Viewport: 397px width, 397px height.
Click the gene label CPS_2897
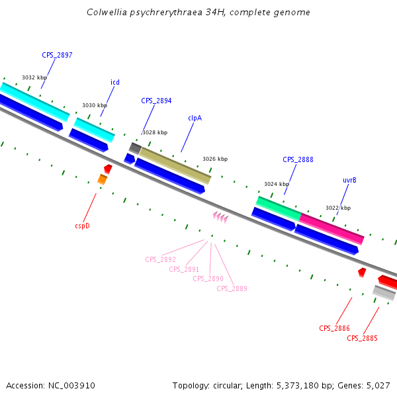point(57,55)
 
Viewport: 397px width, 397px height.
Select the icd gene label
point(115,82)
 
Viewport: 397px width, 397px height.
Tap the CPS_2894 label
point(156,101)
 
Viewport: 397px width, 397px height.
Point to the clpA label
point(195,118)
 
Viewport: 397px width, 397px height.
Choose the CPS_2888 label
point(298,159)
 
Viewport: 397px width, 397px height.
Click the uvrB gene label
point(349,180)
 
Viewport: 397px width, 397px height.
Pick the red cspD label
point(82,226)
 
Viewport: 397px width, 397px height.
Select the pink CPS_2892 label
point(160,259)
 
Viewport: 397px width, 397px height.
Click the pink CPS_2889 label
point(232,288)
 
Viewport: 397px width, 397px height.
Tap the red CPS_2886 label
point(334,328)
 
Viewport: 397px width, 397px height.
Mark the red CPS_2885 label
point(362,338)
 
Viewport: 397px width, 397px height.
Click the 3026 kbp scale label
point(215,159)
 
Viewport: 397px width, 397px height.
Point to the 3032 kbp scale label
point(34,77)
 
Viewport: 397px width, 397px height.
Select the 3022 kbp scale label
point(338,208)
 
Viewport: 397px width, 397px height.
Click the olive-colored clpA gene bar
point(175,165)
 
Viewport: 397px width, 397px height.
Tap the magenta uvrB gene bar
point(331,228)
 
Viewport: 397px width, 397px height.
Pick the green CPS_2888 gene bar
point(278,208)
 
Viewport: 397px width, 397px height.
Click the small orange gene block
point(102,179)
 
